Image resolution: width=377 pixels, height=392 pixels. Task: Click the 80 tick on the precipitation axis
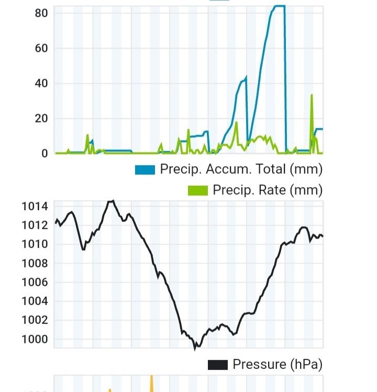click(x=41, y=13)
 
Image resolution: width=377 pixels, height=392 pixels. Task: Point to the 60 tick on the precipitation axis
click(x=41, y=48)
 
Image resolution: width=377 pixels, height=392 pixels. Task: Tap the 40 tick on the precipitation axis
click(x=41, y=83)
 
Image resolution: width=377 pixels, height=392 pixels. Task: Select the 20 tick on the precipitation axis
click(x=41, y=118)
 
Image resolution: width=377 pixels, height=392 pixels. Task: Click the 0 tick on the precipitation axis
click(x=45, y=153)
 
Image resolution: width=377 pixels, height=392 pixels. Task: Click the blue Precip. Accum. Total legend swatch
click(x=145, y=170)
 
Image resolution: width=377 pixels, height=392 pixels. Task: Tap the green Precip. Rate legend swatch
click(x=198, y=190)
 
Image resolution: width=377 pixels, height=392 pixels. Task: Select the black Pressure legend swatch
click(x=217, y=364)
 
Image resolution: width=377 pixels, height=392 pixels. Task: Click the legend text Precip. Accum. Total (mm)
click(x=241, y=170)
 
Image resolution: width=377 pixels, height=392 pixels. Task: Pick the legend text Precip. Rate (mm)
click(x=268, y=190)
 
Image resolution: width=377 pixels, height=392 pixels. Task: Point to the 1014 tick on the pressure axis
click(x=35, y=206)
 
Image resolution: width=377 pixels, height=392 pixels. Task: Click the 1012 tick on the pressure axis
click(x=35, y=225)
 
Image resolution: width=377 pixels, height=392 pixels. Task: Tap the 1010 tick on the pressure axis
click(x=35, y=244)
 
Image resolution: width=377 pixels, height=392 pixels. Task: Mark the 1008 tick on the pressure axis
click(x=35, y=263)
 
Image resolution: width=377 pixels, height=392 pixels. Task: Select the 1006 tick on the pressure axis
click(x=35, y=282)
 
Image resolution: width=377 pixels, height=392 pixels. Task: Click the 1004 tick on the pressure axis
click(x=35, y=301)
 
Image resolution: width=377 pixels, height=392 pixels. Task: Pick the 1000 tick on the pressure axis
click(x=35, y=339)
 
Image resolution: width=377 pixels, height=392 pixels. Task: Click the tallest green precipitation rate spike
click(x=312, y=96)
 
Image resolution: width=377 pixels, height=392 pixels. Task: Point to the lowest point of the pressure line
click(x=195, y=348)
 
